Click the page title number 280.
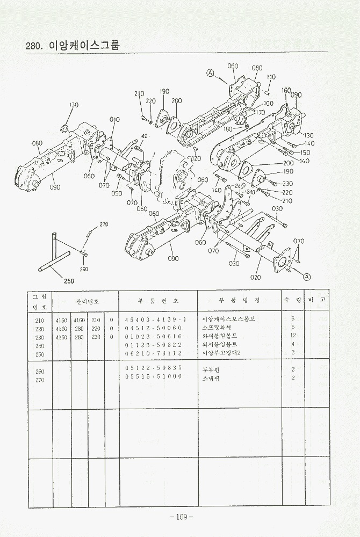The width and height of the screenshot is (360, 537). [33, 46]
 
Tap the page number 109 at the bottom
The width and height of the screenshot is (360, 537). [181, 517]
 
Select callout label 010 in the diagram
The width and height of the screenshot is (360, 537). [114, 120]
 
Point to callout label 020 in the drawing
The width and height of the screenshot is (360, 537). [255, 277]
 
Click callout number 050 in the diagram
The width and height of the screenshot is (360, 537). [117, 193]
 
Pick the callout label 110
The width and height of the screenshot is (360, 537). [271, 77]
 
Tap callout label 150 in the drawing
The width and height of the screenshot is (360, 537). [305, 153]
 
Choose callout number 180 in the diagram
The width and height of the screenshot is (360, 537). [228, 129]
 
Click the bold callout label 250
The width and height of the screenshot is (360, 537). [69, 280]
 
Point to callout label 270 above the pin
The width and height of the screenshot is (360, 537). [104, 224]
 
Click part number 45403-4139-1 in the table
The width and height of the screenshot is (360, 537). [156, 318]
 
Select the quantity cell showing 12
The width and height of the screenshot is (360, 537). [292, 336]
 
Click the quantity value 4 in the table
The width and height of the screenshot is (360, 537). [292, 344]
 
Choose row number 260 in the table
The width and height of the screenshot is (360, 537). [39, 371]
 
